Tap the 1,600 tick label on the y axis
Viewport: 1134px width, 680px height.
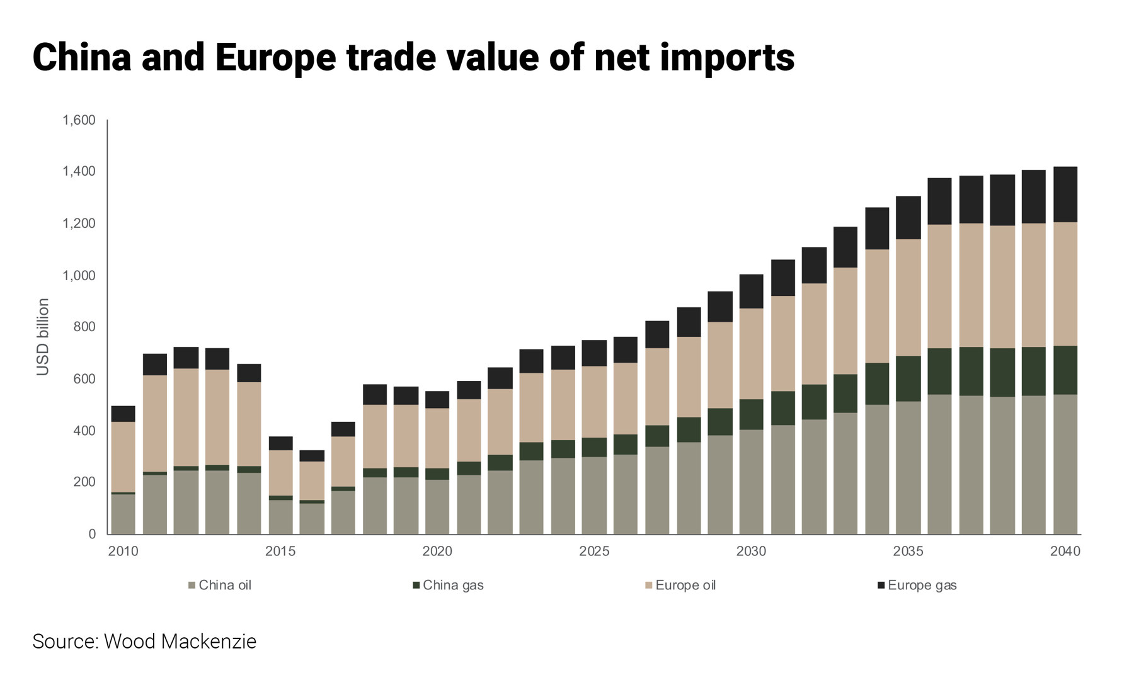(x=79, y=120)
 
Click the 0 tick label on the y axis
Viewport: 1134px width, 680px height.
(x=92, y=534)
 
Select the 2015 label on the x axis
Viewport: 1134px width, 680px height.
(x=280, y=552)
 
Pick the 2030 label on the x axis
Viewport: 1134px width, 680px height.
(x=751, y=552)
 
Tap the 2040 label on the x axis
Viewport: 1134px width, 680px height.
(x=1065, y=552)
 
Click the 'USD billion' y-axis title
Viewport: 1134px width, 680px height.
(x=43, y=337)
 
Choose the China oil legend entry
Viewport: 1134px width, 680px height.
(x=220, y=586)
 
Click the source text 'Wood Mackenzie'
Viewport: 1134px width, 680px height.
(x=180, y=642)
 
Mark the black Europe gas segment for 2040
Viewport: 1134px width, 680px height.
(x=1065, y=195)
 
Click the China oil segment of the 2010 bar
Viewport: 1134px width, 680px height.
(x=123, y=514)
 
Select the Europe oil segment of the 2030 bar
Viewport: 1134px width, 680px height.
(x=751, y=354)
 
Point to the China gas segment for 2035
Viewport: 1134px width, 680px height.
(x=908, y=378)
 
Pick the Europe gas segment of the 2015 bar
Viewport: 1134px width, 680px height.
(x=280, y=443)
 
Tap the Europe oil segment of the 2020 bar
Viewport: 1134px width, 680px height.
(x=437, y=438)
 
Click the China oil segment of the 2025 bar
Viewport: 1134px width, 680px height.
(x=593, y=495)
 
